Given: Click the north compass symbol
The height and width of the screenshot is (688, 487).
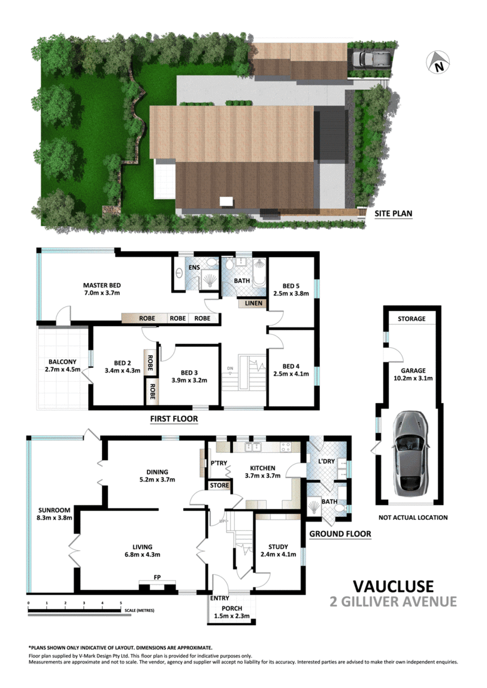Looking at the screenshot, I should tap(439, 63).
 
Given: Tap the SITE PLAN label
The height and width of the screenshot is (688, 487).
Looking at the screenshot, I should tap(394, 213).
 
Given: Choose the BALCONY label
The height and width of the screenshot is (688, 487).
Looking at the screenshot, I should tap(62, 362).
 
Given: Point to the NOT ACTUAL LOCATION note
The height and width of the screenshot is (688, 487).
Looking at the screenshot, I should tap(413, 517).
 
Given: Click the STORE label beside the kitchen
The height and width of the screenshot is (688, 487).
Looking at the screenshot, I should tap(219, 485).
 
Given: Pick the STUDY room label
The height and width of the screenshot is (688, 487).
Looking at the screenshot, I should tap(279, 546).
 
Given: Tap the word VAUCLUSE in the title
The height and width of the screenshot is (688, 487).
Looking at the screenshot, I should tap(392, 586).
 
